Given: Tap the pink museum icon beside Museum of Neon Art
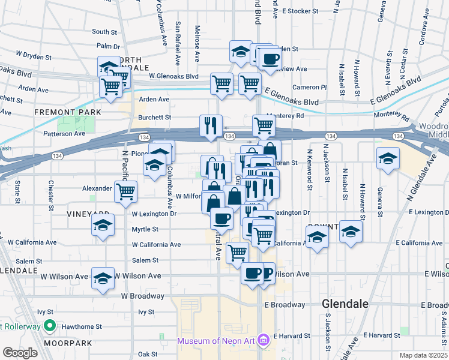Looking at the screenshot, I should click(x=262, y=341).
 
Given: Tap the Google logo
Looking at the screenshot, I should click(x=20, y=352).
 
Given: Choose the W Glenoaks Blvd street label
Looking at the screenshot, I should click(x=173, y=76).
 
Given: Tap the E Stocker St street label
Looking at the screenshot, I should click(x=304, y=11).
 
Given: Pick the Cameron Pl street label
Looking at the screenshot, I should click(x=310, y=87).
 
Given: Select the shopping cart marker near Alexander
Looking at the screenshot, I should click(x=126, y=191).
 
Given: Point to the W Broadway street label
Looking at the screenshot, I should click(x=142, y=296).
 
